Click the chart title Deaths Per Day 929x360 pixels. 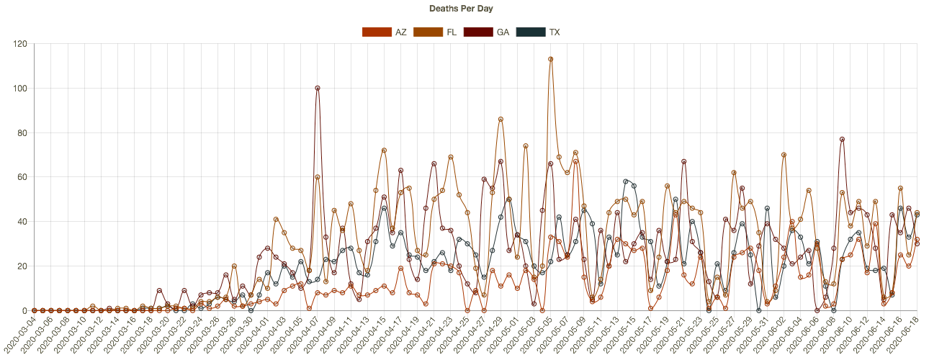coord(461,9)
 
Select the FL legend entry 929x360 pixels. coord(439,32)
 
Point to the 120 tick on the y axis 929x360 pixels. coord(20,44)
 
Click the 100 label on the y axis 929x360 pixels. coord(20,89)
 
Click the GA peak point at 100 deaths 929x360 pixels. coord(318,89)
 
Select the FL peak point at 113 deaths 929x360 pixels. coord(551,60)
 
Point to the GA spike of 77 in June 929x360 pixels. coord(842,140)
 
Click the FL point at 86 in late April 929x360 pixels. coord(501,120)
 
